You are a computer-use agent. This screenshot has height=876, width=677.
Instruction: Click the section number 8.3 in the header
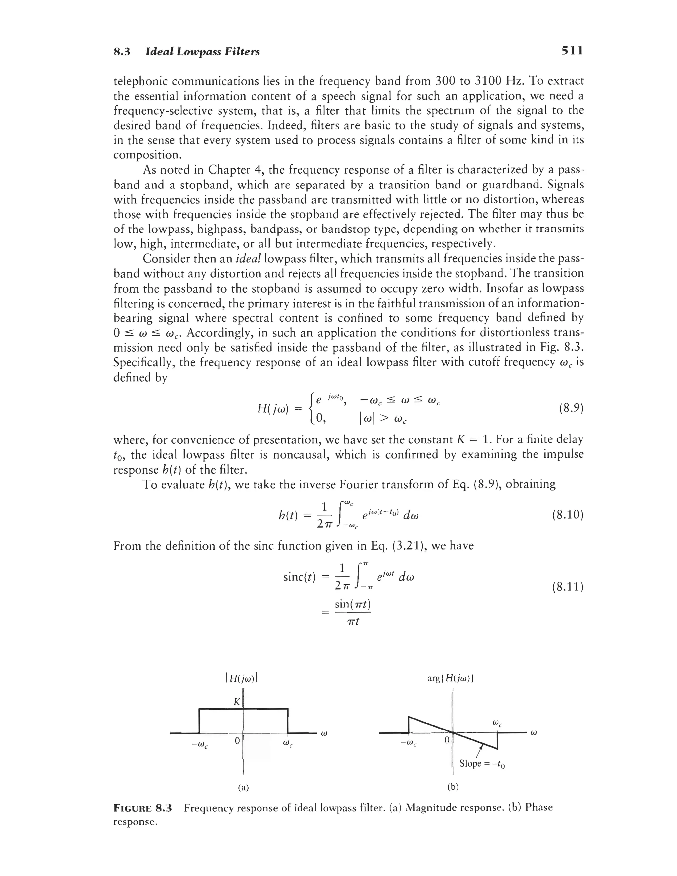[x=122, y=52]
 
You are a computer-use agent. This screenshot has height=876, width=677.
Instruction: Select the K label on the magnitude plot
[x=237, y=702]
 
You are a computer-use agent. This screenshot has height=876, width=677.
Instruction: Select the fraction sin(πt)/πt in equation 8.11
[x=352, y=612]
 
